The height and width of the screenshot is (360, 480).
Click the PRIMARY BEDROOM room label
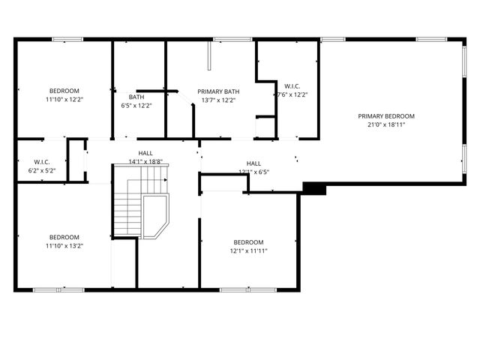tap(385, 116)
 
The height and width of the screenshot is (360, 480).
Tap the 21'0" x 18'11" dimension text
tap(385, 125)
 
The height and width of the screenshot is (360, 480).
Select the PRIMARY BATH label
tap(218, 91)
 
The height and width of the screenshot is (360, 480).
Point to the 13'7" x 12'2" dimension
tap(218, 100)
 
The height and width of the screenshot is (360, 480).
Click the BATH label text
tap(136, 97)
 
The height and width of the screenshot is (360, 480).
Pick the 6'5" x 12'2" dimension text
tap(136, 106)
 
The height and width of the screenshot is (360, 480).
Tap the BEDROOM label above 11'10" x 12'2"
tap(64, 91)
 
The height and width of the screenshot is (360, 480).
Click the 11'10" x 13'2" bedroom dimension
tap(64, 245)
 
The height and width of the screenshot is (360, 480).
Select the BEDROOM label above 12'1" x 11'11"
tap(248, 241)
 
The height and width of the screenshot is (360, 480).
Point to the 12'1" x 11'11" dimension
tap(248, 250)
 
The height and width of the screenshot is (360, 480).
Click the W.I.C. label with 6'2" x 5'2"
tap(42, 162)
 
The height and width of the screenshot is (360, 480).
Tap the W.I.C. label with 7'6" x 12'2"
tap(292, 85)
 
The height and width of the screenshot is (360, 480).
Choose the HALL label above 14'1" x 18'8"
tap(145, 153)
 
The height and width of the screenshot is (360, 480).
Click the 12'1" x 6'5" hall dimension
tap(253, 172)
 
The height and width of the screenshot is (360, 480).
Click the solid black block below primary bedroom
tap(314, 188)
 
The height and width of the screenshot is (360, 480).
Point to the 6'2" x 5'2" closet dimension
tap(42, 171)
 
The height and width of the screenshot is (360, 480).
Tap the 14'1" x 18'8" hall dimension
tap(145, 161)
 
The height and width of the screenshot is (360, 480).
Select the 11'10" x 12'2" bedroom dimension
tap(64, 100)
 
